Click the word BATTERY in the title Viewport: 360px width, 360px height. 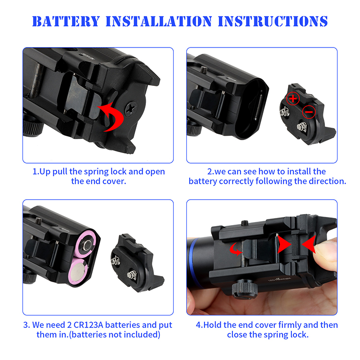click(x=66, y=21)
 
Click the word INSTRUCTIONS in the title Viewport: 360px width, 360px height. click(x=273, y=21)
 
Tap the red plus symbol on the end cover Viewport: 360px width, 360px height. click(x=293, y=99)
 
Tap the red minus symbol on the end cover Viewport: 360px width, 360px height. click(x=309, y=112)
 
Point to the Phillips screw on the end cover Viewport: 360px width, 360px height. click(x=131, y=108)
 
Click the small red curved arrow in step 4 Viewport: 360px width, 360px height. click(x=235, y=250)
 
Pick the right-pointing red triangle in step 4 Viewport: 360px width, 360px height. click(x=284, y=244)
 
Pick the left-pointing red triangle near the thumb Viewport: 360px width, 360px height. click(x=309, y=244)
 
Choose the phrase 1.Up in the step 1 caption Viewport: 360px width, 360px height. click(x=42, y=172)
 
